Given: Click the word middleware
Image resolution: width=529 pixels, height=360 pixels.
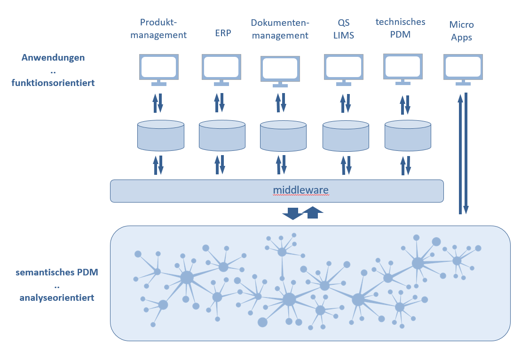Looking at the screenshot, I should (300, 190).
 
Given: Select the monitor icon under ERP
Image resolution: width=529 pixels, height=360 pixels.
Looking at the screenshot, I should (221, 68).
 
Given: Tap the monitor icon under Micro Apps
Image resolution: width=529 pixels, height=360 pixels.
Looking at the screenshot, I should (463, 68).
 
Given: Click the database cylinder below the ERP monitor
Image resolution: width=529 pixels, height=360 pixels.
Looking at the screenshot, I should (222, 135).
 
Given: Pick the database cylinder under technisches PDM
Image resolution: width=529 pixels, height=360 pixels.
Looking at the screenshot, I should (408, 135).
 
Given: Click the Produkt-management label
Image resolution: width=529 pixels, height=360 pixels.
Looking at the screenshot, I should (158, 28).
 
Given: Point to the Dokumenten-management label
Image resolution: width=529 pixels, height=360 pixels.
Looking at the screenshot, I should (280, 29).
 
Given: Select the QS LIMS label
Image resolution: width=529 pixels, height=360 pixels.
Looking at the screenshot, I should (343, 29).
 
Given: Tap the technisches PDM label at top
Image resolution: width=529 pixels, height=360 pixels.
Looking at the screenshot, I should (401, 28).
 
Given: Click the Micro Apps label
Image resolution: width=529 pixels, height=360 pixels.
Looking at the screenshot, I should (461, 31).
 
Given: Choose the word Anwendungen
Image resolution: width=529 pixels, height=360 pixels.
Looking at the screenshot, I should (53, 58).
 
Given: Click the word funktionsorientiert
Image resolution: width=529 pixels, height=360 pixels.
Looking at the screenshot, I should (53, 83).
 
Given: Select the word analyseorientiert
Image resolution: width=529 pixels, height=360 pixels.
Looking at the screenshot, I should (56, 297).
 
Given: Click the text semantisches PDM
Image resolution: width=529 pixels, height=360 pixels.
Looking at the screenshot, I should (56, 273).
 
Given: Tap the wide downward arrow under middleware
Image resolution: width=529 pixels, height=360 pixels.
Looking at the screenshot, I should (292, 213).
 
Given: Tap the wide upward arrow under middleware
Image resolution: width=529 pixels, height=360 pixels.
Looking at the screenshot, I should (313, 212).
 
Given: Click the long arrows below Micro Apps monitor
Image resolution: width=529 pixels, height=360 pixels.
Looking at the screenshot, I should (463, 153).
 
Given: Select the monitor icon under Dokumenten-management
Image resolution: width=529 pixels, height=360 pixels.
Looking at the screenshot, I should (280, 70).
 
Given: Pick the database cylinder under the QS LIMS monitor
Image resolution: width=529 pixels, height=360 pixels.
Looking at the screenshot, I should (346, 135).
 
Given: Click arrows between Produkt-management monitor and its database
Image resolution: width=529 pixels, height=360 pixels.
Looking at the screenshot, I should (158, 102).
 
